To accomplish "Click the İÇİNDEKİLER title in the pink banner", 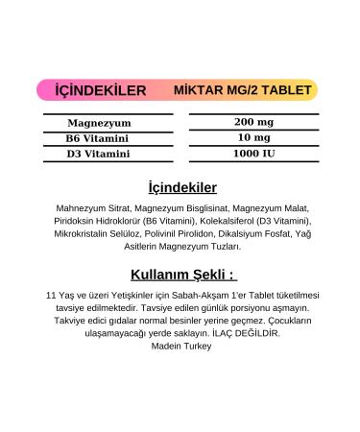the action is tap(101, 91).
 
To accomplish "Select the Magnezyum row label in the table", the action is tap(100, 123).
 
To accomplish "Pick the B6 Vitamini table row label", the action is tap(100, 138).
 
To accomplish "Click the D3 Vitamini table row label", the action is tap(100, 153).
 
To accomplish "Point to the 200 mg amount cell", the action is tap(253, 122).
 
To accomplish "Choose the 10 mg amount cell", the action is tap(253, 137).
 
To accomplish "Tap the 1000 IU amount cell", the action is tap(253, 153).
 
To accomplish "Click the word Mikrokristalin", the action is tap(84, 233).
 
